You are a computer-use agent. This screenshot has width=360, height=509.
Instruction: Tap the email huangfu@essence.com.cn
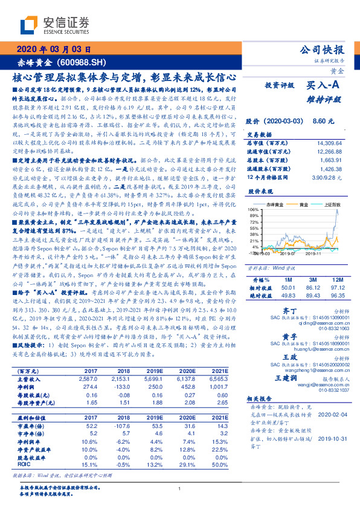coord(314,348)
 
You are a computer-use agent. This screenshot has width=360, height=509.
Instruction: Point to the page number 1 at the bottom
coord(180,488)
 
